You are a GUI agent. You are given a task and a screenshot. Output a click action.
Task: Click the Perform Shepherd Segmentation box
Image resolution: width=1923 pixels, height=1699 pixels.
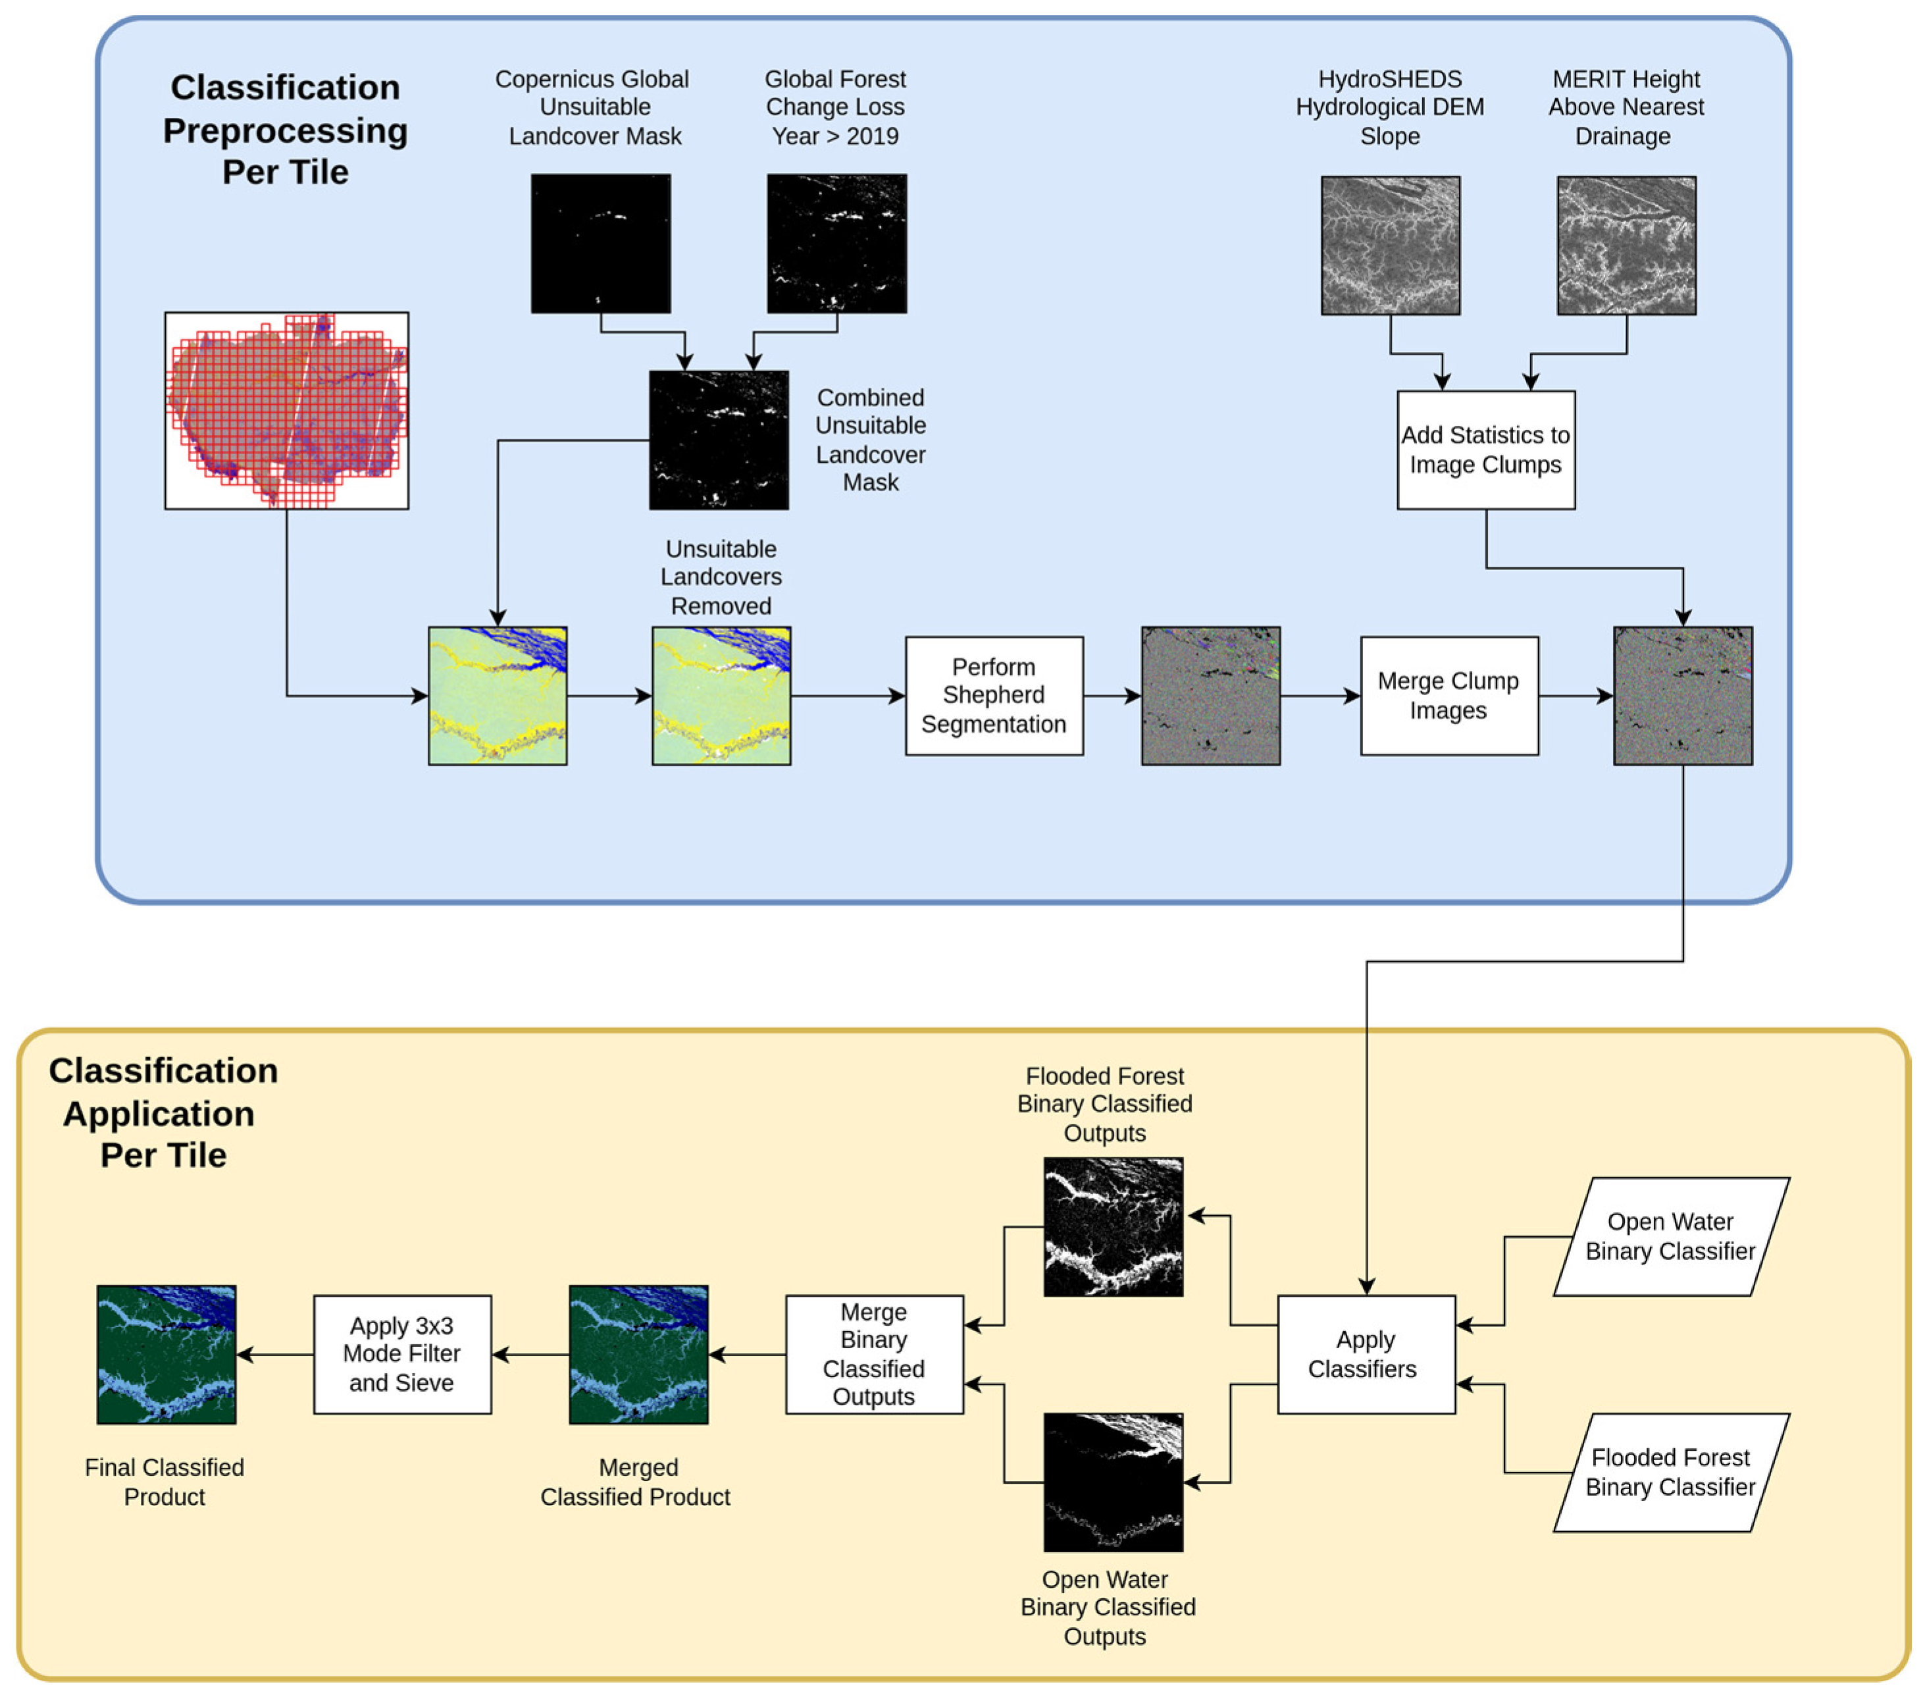994,696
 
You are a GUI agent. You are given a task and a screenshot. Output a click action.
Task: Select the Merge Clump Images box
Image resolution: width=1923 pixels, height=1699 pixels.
1449,696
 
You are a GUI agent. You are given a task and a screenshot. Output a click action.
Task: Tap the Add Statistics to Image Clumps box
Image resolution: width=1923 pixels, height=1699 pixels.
1485,450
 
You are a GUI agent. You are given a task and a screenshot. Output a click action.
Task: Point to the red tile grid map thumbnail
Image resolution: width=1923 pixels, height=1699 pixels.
286,410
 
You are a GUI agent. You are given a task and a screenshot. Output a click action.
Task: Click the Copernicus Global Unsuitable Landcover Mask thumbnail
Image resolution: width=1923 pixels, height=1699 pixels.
600,243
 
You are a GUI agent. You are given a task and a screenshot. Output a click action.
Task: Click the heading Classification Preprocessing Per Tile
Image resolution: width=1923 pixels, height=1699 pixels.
285,130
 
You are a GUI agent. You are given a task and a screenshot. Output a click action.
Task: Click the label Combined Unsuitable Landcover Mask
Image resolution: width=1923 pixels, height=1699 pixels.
870,440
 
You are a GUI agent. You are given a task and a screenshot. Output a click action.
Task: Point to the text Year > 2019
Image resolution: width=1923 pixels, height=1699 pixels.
834,136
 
